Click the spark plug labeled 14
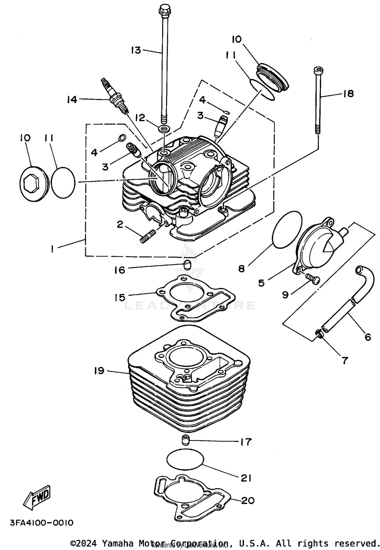tap(115, 97)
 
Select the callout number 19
tap(99, 371)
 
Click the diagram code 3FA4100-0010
tap(42, 523)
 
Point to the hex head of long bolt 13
tap(164, 10)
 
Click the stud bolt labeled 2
tap(147, 236)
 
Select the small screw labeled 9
tap(313, 280)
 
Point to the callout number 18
tap(349, 94)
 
